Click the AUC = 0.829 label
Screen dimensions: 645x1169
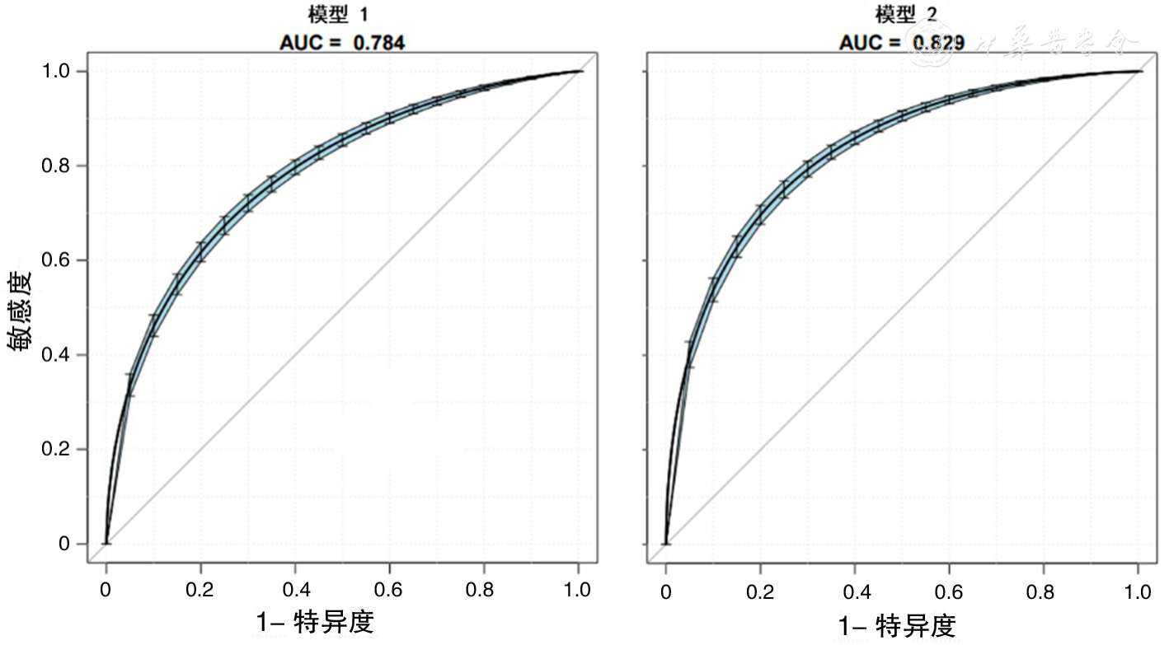901,43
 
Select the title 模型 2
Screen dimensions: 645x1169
901,15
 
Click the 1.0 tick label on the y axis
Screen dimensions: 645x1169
59,72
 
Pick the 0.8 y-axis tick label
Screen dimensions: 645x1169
59,166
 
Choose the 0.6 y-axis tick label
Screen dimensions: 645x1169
59,260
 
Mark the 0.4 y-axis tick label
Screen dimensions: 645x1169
59,355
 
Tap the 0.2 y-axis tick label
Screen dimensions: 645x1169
59,450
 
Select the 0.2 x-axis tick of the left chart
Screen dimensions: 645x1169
200,590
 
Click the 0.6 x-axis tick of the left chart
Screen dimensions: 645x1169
389,590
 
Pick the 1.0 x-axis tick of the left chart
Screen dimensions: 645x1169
577,590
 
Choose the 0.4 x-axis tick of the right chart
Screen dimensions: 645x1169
855,591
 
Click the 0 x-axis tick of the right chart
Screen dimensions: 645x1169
666,591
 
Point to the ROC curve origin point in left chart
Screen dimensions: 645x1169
106,544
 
